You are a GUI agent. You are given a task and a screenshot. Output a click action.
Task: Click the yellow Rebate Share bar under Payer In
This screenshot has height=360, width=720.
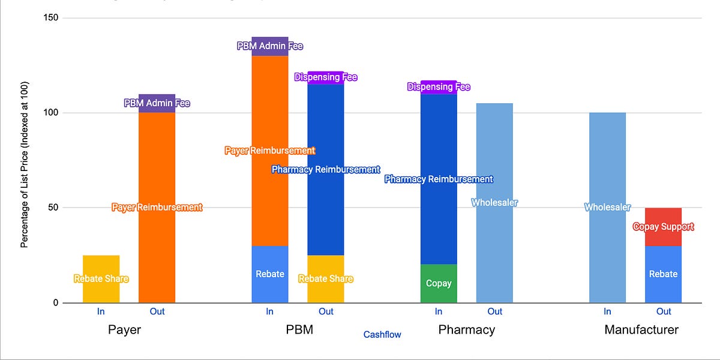(101, 279)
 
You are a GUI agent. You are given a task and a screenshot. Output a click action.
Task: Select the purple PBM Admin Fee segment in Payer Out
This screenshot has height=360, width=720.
(157, 103)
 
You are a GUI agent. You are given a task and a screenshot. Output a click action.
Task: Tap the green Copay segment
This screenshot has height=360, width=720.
(439, 283)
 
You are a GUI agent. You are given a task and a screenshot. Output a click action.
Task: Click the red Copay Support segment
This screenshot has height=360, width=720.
(663, 227)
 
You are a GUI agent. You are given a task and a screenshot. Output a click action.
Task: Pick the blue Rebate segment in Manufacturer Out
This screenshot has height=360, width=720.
(663, 274)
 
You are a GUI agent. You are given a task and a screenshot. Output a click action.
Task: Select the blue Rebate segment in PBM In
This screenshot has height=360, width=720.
(270, 274)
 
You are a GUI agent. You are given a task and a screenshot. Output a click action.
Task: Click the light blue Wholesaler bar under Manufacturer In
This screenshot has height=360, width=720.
(607, 207)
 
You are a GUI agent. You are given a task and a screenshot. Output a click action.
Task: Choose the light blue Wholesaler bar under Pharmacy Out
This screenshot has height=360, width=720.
(494, 203)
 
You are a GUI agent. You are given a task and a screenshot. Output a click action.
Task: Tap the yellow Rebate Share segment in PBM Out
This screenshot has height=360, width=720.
(326, 279)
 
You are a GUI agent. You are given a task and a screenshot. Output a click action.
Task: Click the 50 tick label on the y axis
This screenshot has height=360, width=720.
(53, 208)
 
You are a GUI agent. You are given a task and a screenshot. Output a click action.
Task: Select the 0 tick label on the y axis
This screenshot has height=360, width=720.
(55, 303)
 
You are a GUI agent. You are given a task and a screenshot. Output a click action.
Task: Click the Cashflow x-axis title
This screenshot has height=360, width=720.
(382, 335)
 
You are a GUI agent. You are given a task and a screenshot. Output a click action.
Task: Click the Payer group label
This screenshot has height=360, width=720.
(124, 330)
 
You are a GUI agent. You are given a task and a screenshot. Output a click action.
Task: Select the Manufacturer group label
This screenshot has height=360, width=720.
(641, 330)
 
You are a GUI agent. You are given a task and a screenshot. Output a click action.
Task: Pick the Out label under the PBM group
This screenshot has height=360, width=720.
(326, 311)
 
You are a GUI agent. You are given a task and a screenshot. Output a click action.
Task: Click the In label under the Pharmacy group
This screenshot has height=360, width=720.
(439, 311)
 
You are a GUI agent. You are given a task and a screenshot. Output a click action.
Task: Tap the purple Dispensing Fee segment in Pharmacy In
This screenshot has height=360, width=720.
(439, 87)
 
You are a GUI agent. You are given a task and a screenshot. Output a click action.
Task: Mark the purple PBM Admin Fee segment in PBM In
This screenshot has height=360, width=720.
(270, 46)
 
